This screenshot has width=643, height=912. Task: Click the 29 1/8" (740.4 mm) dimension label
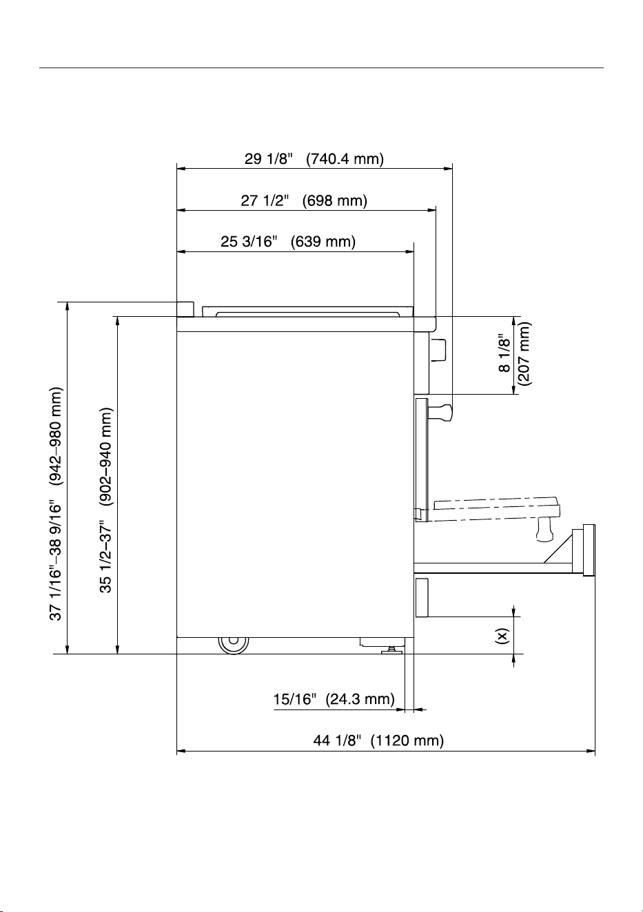314,158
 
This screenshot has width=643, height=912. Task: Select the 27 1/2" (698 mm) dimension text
303,200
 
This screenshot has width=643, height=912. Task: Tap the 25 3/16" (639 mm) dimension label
288,242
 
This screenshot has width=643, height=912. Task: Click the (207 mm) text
524,353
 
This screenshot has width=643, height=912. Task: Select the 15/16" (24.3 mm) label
334,699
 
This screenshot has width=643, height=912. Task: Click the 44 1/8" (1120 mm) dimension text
378,740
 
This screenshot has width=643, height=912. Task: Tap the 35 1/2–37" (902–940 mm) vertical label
105,500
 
